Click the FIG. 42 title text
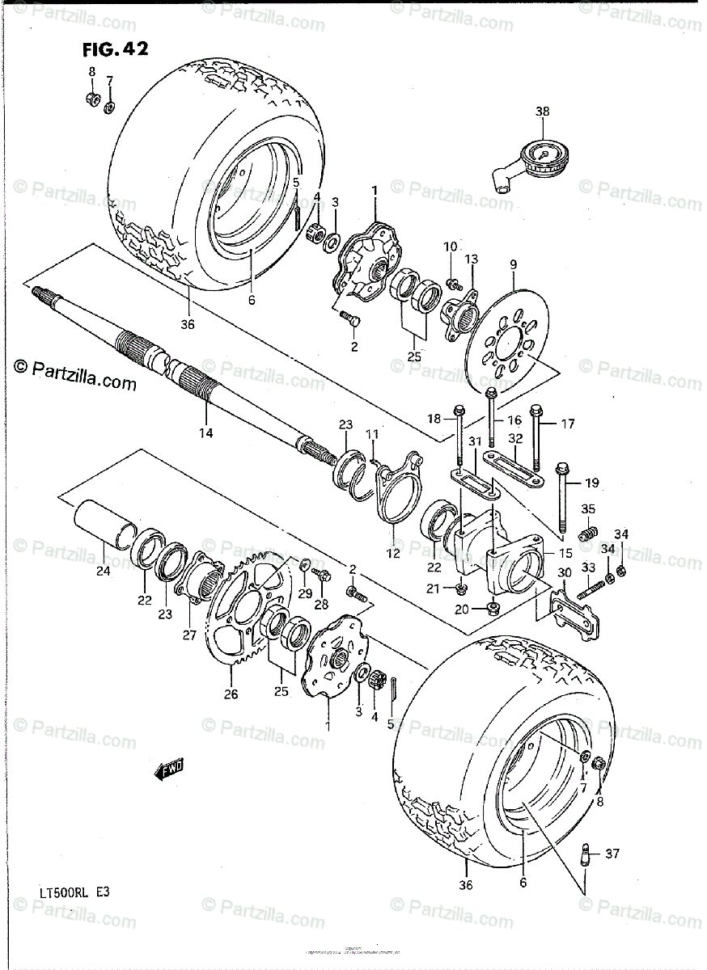pos(116,49)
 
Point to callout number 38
pos(541,112)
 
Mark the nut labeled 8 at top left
pos(92,99)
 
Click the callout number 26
pos(231,692)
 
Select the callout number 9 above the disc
pos(512,264)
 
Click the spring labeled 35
pos(590,534)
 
